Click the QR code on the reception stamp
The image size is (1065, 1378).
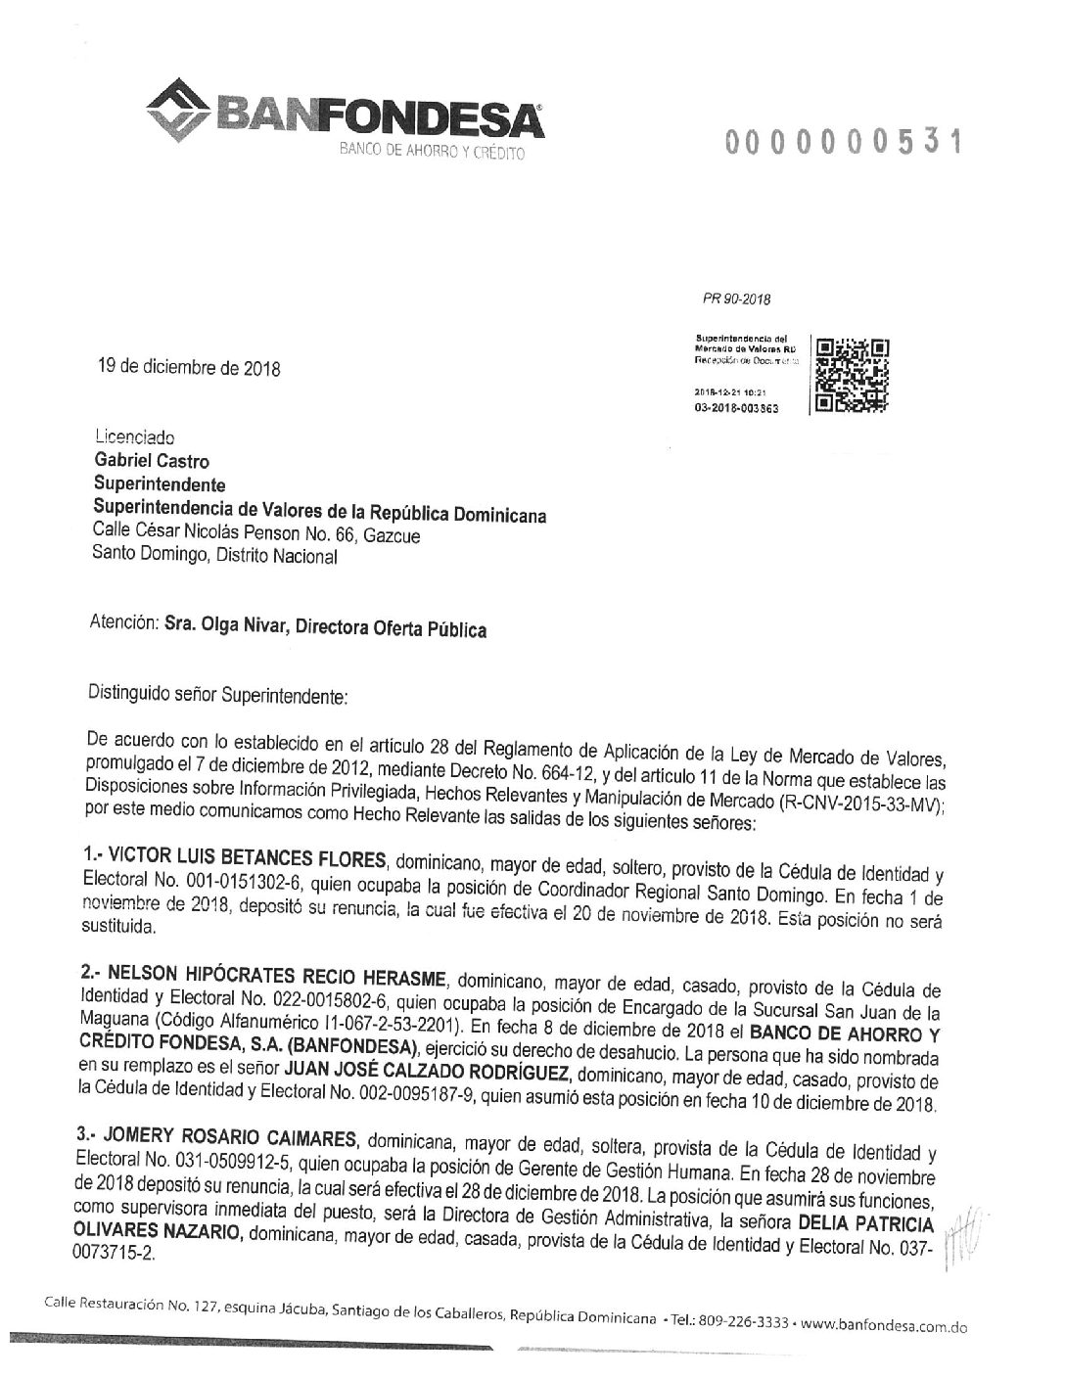pyautogui.click(x=853, y=375)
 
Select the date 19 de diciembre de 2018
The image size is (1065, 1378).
pyautogui.click(x=186, y=369)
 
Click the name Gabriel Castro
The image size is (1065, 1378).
pyautogui.click(x=151, y=461)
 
